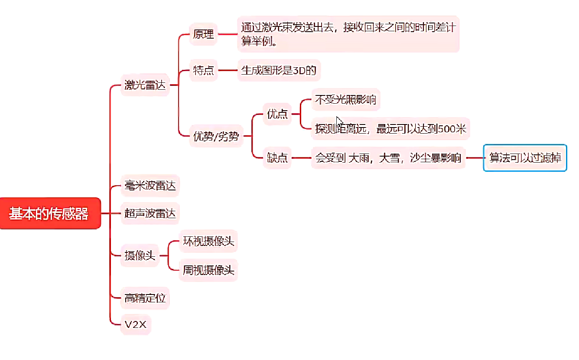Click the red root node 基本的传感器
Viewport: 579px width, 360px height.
[50, 213]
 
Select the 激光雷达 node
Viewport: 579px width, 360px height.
[145, 85]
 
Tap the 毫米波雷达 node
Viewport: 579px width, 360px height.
[150, 187]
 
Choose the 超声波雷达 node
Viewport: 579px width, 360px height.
[150, 213]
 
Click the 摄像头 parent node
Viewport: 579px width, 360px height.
[140, 255]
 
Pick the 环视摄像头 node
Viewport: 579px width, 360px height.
[208, 241]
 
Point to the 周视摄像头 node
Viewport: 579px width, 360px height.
[208, 270]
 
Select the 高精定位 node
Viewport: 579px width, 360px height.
[145, 298]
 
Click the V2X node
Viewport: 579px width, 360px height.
[135, 324]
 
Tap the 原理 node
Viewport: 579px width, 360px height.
[203, 34]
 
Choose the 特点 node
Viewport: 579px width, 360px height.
[203, 70]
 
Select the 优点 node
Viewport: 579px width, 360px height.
[277, 114]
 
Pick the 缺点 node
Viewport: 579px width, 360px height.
[277, 157]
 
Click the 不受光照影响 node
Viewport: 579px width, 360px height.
[345, 100]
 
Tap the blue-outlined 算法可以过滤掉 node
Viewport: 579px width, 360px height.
[525, 157]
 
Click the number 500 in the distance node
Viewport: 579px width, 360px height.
[446, 129]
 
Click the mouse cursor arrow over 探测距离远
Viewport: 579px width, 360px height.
[339, 121]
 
